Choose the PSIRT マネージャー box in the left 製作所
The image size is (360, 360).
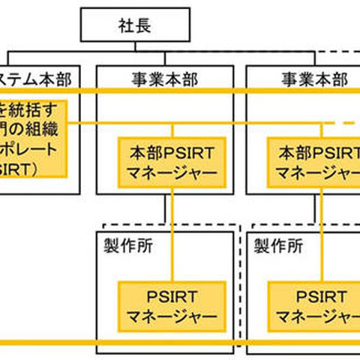coord(172,306)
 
